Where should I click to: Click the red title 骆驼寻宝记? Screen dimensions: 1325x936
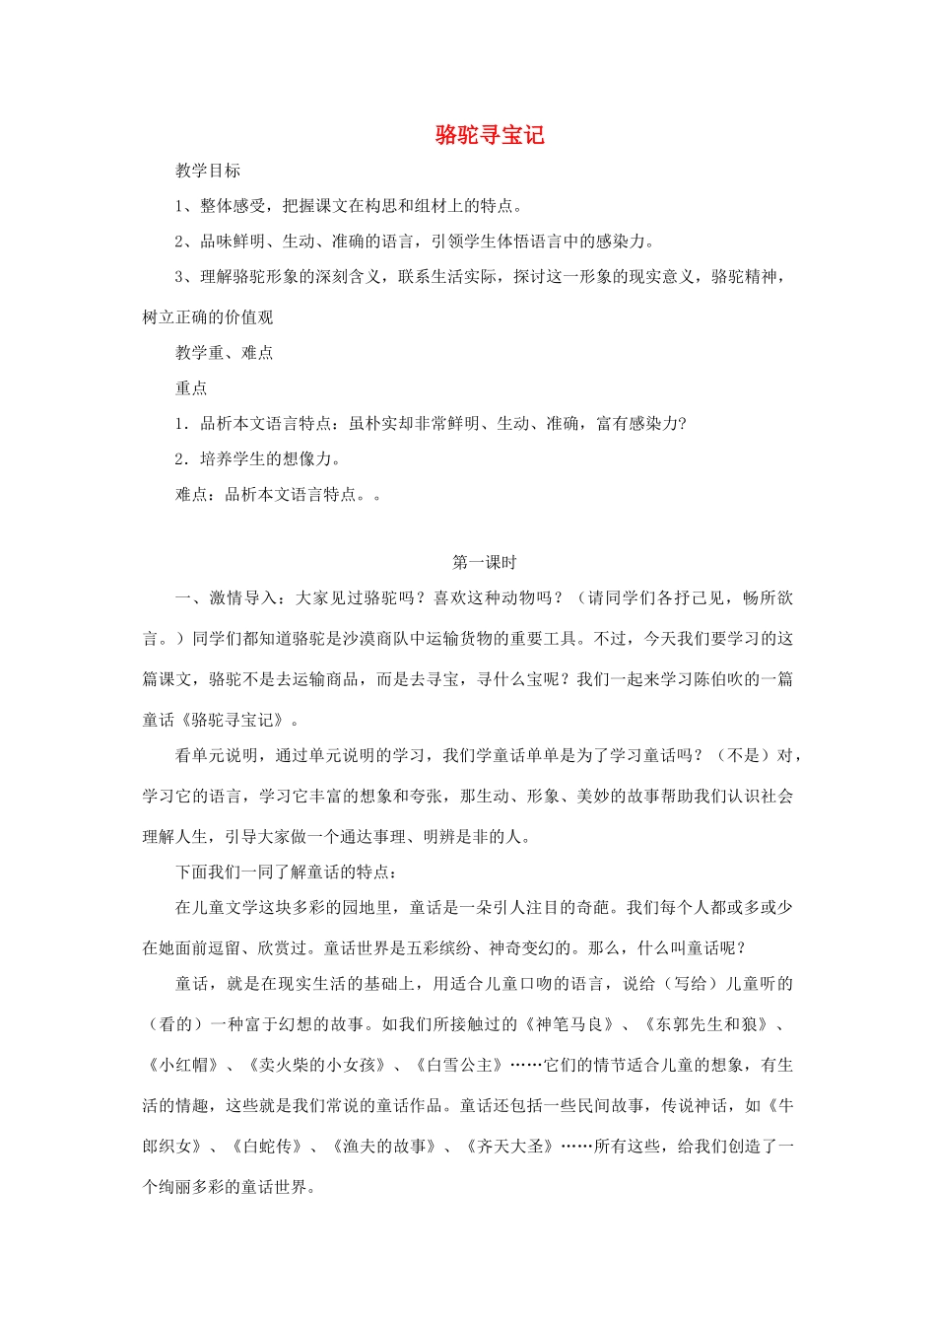pos(490,135)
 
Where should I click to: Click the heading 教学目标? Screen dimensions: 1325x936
pos(208,171)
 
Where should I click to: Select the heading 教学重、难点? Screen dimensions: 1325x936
pos(225,352)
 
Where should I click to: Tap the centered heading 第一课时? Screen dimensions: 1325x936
pos(484,562)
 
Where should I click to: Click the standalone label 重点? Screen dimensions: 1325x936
pos(191,387)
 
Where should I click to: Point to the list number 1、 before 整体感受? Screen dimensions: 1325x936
pos(185,206)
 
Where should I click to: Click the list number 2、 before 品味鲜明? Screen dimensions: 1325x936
pos(185,242)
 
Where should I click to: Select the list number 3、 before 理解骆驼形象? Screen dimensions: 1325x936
pos(185,277)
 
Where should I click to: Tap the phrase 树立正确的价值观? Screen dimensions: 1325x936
pos(208,316)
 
